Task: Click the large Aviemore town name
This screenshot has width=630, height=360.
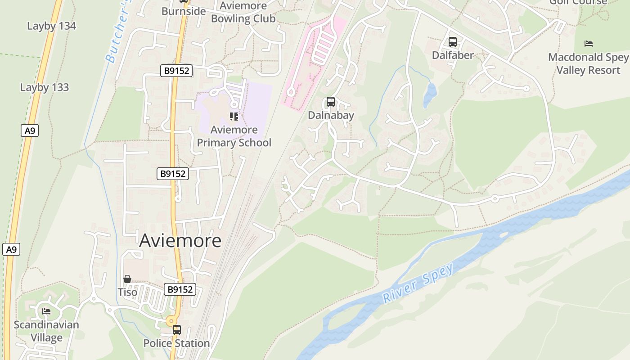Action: (180, 241)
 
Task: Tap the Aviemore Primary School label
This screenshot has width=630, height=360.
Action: (234, 136)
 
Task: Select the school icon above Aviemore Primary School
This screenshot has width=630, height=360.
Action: (234, 117)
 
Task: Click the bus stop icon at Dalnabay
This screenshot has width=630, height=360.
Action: (331, 102)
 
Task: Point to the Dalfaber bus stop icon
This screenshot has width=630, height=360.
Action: (453, 42)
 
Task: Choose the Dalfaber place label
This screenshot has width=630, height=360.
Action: (453, 55)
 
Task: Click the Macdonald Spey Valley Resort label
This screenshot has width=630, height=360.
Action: (588, 63)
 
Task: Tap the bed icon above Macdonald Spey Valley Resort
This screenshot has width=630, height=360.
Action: (588, 44)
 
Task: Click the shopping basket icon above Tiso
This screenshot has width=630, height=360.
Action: (127, 279)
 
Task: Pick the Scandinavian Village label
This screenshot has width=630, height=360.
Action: (46, 331)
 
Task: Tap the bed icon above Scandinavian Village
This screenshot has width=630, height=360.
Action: (46, 311)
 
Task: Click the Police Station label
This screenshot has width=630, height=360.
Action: (176, 343)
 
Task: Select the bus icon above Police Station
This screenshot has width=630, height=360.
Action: (177, 330)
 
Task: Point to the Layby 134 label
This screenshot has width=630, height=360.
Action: (51, 26)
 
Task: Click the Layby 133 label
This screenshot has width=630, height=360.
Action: (45, 87)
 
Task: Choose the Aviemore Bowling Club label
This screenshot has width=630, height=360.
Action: (243, 12)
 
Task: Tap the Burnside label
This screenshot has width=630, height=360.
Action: (184, 11)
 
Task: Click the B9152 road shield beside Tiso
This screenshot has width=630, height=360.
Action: (180, 289)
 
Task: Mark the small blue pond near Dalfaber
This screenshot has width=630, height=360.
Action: (430, 94)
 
